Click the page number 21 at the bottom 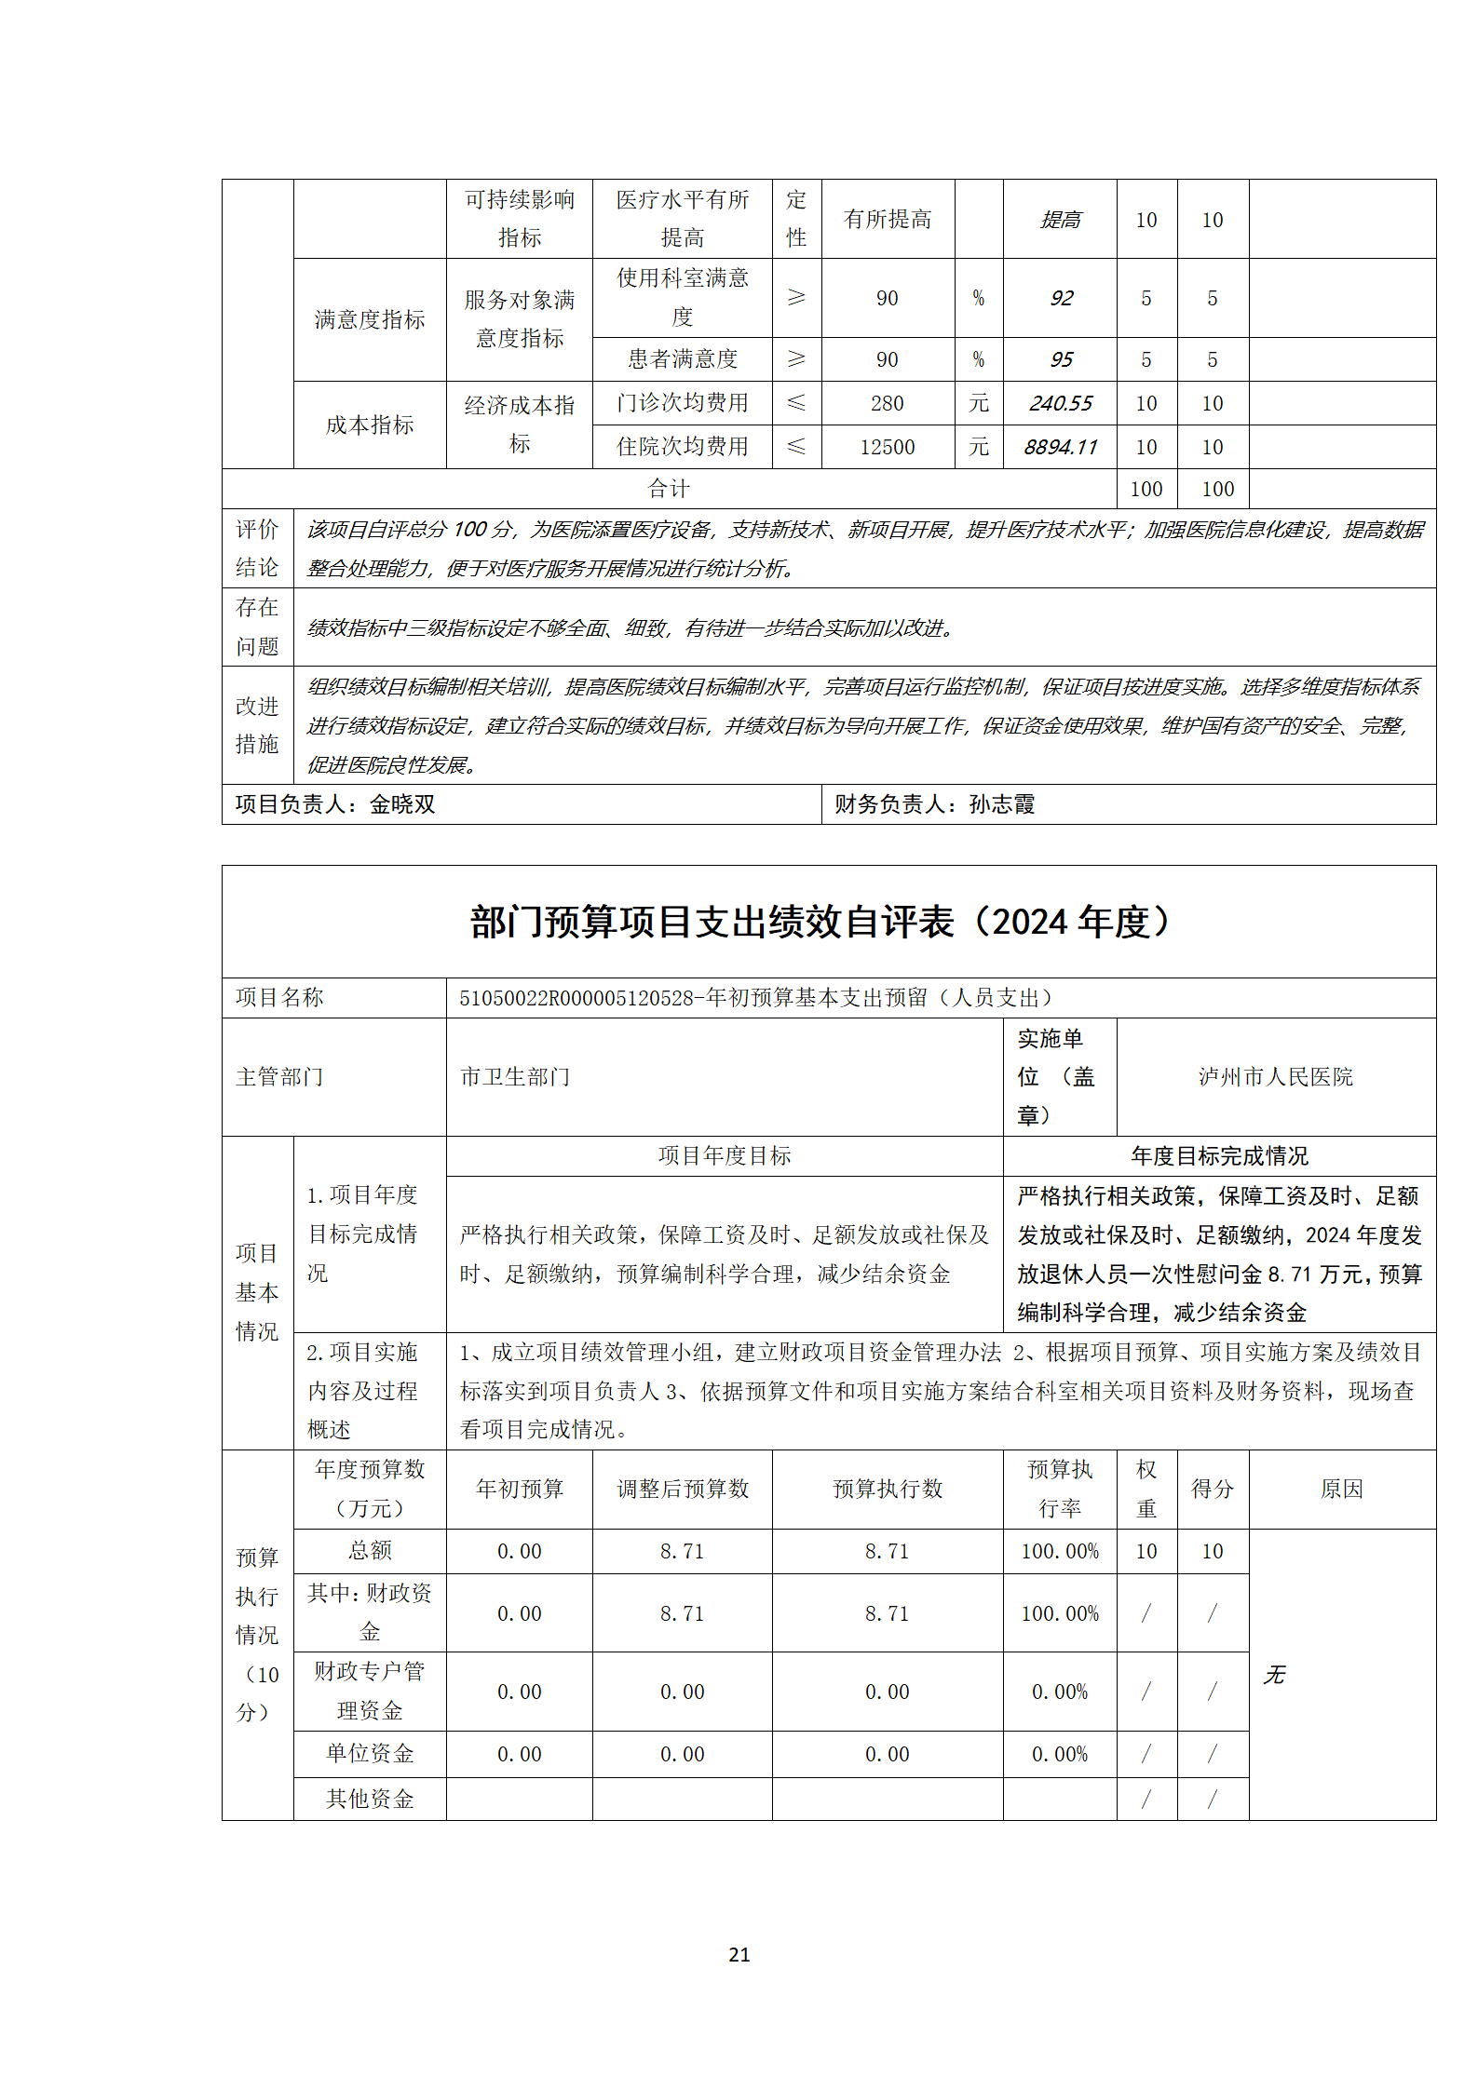pyautogui.click(x=739, y=1954)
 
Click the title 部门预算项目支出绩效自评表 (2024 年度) pyautogui.click(x=820, y=922)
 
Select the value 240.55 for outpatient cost pyautogui.click(x=1060, y=403)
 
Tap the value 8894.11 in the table pyautogui.click(x=1060, y=447)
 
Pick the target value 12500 pyautogui.click(x=887, y=447)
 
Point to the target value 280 pyautogui.click(x=887, y=403)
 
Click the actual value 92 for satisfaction pyautogui.click(x=1061, y=298)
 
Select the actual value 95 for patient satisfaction pyautogui.click(x=1061, y=359)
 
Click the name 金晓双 pyautogui.click(x=402, y=804)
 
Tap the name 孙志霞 pyautogui.click(x=1002, y=804)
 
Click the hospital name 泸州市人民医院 pyautogui.click(x=1275, y=1077)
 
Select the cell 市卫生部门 pyautogui.click(x=515, y=1077)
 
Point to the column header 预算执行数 pyautogui.click(x=887, y=1489)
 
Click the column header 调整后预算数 pyautogui.click(x=683, y=1489)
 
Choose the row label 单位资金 pyautogui.click(x=370, y=1754)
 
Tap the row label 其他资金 pyautogui.click(x=370, y=1799)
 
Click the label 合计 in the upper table pyautogui.click(x=669, y=489)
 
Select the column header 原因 pyautogui.click(x=1341, y=1489)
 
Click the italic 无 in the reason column pyautogui.click(x=1273, y=1675)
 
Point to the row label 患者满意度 pyautogui.click(x=683, y=359)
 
